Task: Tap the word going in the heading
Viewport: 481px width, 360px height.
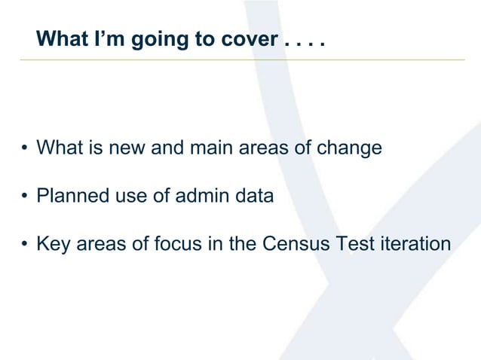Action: pyautogui.click(x=158, y=38)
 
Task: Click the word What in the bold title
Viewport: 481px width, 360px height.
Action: pyautogui.click(x=63, y=38)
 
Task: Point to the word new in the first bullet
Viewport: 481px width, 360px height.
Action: pyautogui.click(x=130, y=148)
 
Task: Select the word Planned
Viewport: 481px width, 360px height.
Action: pyautogui.click(x=69, y=197)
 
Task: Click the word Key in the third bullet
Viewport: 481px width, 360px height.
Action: pyautogui.click(x=52, y=245)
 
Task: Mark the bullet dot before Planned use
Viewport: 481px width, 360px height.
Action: pyautogui.click(x=25, y=197)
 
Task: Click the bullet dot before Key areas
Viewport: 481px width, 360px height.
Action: pyautogui.click(x=25, y=246)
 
